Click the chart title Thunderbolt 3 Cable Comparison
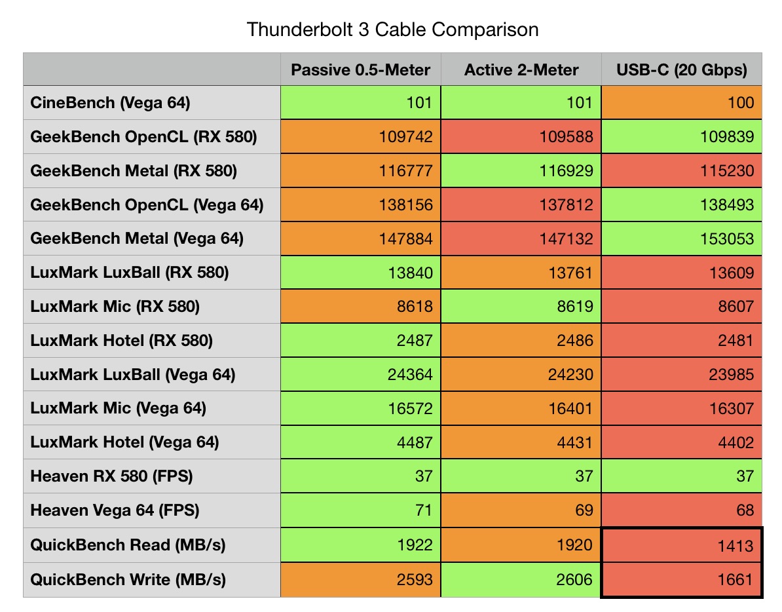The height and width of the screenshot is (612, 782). coord(392,29)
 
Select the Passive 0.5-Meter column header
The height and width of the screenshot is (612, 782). coord(361,69)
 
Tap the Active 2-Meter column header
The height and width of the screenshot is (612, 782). coord(521,69)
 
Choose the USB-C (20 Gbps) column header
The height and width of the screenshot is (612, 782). coord(682,69)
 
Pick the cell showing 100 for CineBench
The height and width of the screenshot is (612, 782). coord(682,103)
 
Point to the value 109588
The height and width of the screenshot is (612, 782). coord(521,137)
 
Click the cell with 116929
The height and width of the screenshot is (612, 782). coord(521,171)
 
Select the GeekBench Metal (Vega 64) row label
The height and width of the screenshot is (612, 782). coord(137,239)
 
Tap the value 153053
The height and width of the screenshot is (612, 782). coord(682,239)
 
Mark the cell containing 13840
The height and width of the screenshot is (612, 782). coord(361,273)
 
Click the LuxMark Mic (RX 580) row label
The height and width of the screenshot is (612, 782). coord(115,307)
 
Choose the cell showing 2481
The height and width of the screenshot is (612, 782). coord(682,341)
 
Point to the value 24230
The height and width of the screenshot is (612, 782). coord(521,375)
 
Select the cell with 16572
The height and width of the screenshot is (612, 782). coord(361,409)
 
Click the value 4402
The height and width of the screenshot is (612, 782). coord(682,443)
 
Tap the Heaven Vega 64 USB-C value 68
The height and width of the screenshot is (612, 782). coord(682,510)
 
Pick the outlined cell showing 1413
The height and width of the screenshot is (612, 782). coord(682,545)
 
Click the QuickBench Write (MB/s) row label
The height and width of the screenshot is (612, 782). coord(128,579)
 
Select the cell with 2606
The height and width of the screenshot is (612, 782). coord(521,579)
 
